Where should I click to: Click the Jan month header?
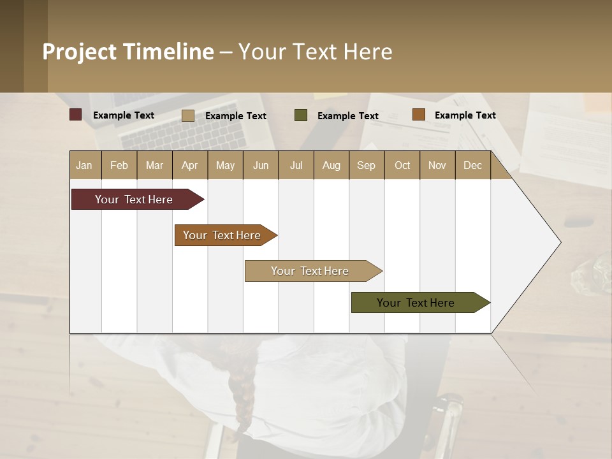[85, 165]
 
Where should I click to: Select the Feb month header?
[119, 165]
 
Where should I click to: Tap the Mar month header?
[154, 165]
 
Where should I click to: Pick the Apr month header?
[190, 165]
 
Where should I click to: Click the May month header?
[225, 165]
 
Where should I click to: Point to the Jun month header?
[261, 165]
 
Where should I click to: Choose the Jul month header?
[296, 165]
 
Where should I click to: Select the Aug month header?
[331, 165]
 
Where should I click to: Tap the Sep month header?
[367, 165]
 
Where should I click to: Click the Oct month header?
[402, 165]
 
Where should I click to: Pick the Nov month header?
[437, 165]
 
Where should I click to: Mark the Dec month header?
[473, 165]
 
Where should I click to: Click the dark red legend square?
[76, 115]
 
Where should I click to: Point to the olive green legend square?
[301, 115]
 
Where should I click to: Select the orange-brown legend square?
[418, 115]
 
